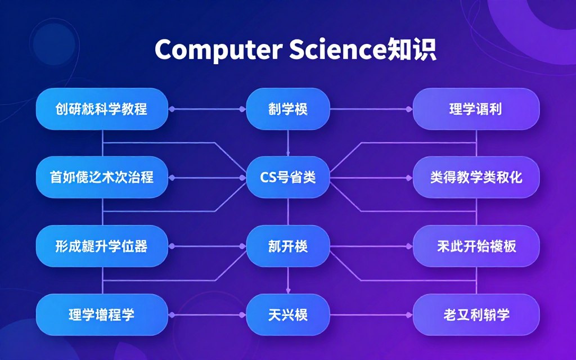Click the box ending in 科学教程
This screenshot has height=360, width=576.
coord(102,109)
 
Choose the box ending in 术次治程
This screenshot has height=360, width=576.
coord(102,178)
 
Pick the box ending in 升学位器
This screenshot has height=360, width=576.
coord(102,246)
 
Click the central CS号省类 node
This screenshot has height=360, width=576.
coord(288,178)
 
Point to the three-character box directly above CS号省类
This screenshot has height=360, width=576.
coord(288,109)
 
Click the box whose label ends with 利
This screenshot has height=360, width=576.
coord(476,109)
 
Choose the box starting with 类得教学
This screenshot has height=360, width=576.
coord(476,178)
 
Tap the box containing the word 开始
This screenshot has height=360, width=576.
coord(476,246)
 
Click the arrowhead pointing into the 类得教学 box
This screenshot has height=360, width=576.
coord(408,178)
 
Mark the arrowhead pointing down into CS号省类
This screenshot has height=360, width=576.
coord(288,154)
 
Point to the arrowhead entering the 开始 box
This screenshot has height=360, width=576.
coord(408,246)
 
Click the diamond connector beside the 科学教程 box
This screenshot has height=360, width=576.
coord(172,109)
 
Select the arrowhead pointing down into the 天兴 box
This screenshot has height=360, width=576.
coord(288,291)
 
